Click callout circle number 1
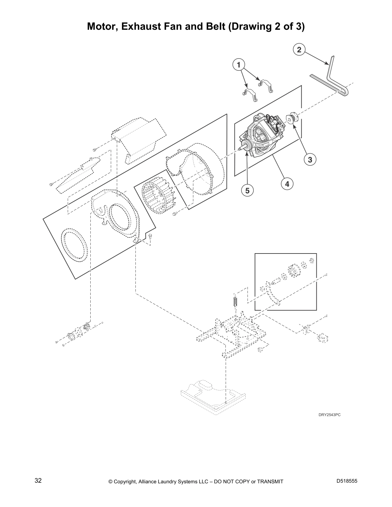coord(238,65)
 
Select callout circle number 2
coord(299,50)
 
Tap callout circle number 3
coord(310,159)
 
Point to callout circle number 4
coord(287,184)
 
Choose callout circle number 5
coord(247,190)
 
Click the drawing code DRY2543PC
coord(329,415)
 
